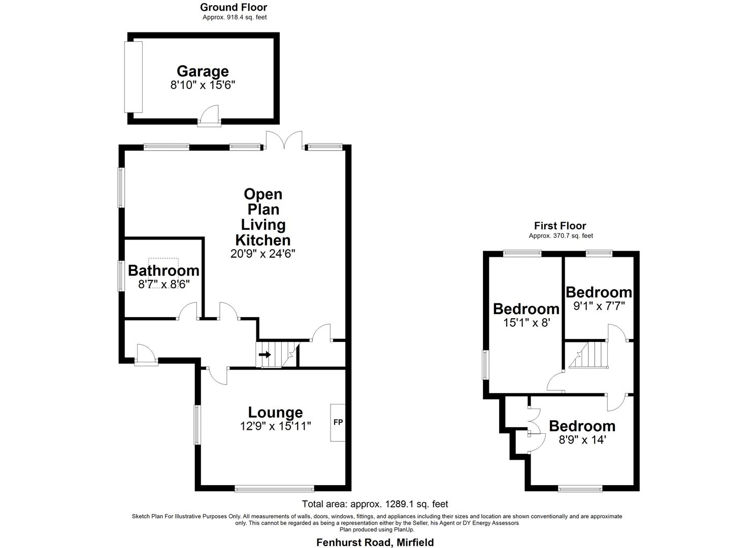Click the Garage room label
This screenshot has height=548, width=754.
pyautogui.click(x=203, y=71)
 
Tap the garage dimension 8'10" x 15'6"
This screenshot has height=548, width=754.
pyautogui.click(x=203, y=85)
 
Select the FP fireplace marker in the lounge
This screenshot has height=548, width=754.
pyautogui.click(x=338, y=422)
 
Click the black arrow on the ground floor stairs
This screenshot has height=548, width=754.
pyautogui.click(x=265, y=354)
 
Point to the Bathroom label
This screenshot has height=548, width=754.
pyautogui.click(x=163, y=270)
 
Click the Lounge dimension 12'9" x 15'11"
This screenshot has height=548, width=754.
pyautogui.click(x=275, y=426)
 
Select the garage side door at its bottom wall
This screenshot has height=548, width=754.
pyautogui.click(x=209, y=116)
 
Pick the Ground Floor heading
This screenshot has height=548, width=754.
pyautogui.click(x=234, y=7)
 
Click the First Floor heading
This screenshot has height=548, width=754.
pyautogui.click(x=560, y=226)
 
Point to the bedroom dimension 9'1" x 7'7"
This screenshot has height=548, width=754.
pyautogui.click(x=599, y=306)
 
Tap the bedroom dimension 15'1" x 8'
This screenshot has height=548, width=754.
pyautogui.click(x=526, y=322)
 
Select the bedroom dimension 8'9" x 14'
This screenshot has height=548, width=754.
pyautogui.click(x=582, y=439)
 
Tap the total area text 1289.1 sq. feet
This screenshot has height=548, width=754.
pyautogui.click(x=375, y=504)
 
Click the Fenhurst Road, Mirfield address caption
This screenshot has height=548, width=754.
pyautogui.click(x=375, y=542)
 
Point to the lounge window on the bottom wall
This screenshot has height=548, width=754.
pyautogui.click(x=274, y=489)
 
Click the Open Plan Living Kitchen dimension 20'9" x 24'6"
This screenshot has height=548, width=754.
pyautogui.click(x=263, y=254)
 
